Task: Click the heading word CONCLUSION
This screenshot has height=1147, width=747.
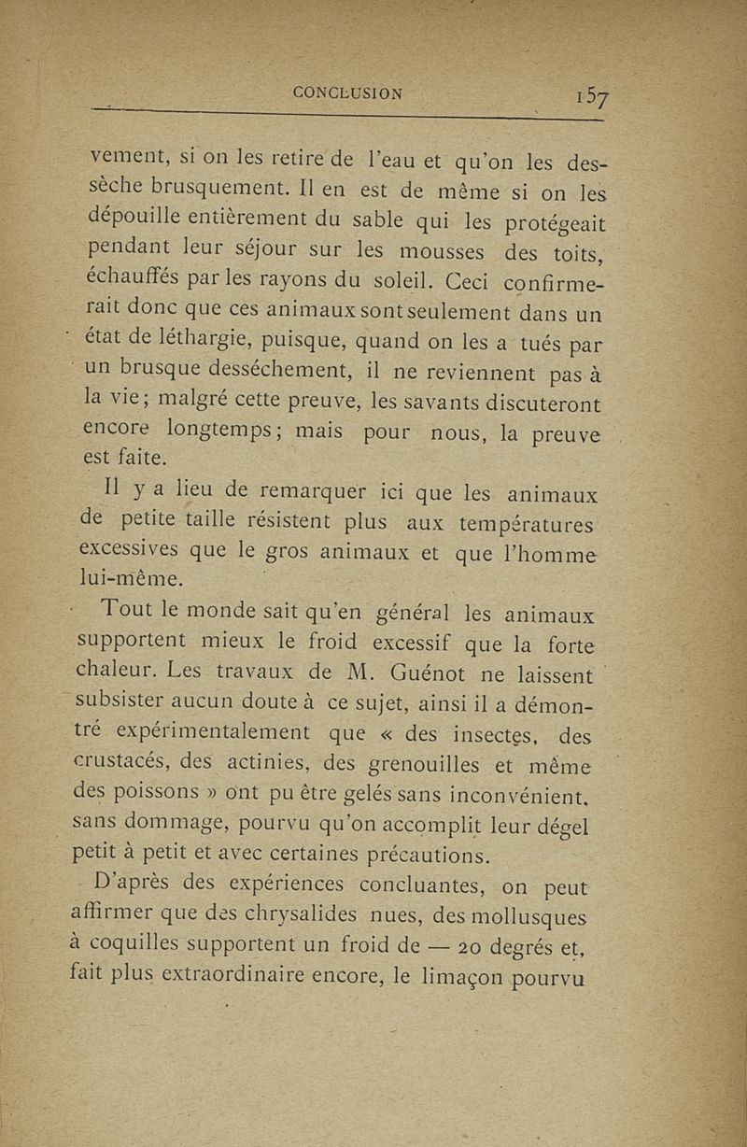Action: tap(347, 92)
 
